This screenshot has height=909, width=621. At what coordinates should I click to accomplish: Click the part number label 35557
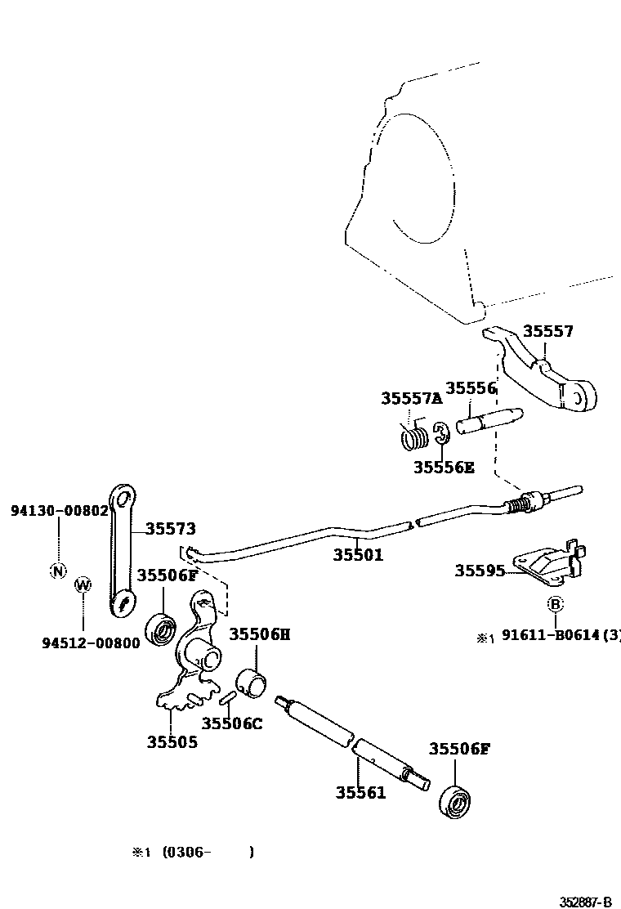point(548,331)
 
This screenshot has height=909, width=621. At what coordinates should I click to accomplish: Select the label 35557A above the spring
point(411,398)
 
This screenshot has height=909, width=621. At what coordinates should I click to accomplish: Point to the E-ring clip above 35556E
point(440,435)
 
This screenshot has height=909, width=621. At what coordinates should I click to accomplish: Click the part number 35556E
point(443,468)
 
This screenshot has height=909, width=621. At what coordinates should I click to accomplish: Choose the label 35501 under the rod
point(358,555)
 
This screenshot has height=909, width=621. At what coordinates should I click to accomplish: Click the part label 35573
point(171,529)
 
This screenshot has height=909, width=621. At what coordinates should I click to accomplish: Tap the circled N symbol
point(58,571)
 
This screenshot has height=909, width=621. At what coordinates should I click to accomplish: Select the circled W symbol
point(83,584)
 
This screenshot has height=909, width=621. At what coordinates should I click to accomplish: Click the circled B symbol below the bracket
point(555,604)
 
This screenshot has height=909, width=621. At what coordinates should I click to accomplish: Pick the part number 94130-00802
point(60,510)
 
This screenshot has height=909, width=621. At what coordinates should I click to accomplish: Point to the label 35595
point(480,571)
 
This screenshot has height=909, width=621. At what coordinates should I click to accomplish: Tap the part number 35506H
point(259,634)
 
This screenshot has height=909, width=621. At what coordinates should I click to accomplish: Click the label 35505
point(172,742)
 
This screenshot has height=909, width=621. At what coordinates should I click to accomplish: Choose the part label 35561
point(360,792)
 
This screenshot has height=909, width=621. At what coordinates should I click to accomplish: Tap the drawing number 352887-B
point(585,902)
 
